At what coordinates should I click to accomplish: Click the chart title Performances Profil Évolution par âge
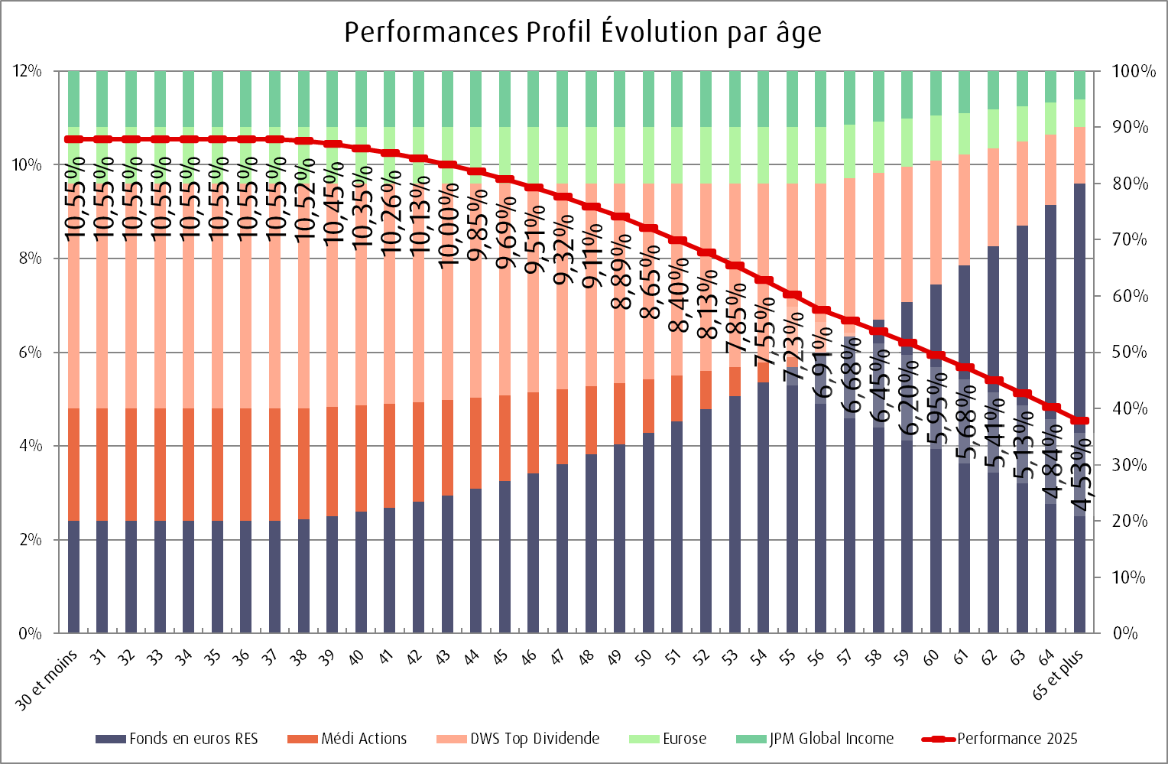(x=582, y=33)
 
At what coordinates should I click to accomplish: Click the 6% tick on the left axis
(x=30, y=353)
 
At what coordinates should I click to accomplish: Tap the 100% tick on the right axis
(x=1133, y=71)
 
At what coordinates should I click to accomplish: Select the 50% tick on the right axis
(x=1130, y=353)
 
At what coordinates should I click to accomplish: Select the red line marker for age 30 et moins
(x=74, y=139)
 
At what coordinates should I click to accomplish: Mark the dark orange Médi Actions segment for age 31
(x=102, y=464)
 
